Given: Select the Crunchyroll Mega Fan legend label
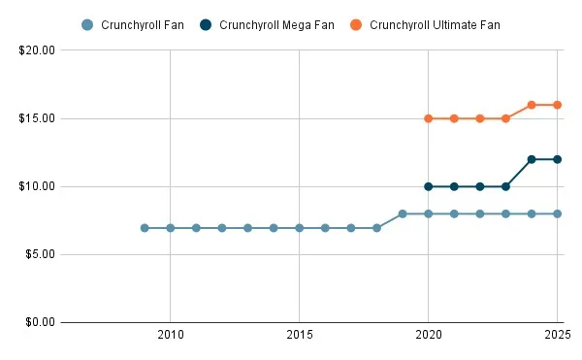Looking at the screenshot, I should (276, 24).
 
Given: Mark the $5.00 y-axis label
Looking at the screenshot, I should (39, 254).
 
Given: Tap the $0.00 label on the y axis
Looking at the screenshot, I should (39, 322).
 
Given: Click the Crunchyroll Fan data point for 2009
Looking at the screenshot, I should (145, 228).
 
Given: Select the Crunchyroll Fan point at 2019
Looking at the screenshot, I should (403, 213).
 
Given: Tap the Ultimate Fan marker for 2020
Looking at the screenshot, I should (428, 118).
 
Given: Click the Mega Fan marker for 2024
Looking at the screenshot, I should (532, 159).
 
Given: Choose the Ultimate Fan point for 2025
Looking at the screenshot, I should (558, 105).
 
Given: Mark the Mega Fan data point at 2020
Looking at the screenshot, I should (428, 186).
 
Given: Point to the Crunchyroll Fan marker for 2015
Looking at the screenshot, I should (299, 228).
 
